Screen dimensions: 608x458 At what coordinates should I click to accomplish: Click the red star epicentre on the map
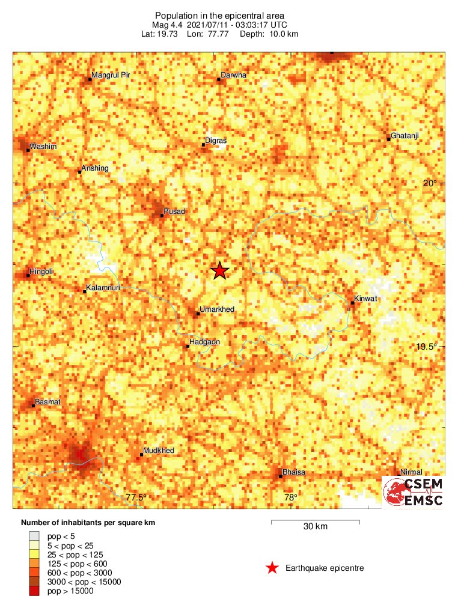tap(221, 271)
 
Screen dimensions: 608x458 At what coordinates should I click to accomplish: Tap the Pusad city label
tap(174, 211)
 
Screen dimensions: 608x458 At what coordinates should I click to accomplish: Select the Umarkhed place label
tap(216, 309)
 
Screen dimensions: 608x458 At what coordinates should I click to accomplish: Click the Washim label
tap(43, 146)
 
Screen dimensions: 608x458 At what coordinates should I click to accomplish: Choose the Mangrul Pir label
tap(110, 75)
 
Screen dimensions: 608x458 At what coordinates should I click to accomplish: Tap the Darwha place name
tap(234, 75)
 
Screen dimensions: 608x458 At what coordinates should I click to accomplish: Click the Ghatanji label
tap(405, 136)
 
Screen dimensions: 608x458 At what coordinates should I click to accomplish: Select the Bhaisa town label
tap(294, 472)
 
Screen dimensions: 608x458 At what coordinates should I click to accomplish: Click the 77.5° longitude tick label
tap(136, 497)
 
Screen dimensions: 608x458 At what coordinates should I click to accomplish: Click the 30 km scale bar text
tap(315, 527)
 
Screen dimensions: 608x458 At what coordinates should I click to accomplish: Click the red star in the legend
tap(272, 568)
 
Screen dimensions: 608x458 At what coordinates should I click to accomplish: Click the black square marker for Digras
tap(204, 145)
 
